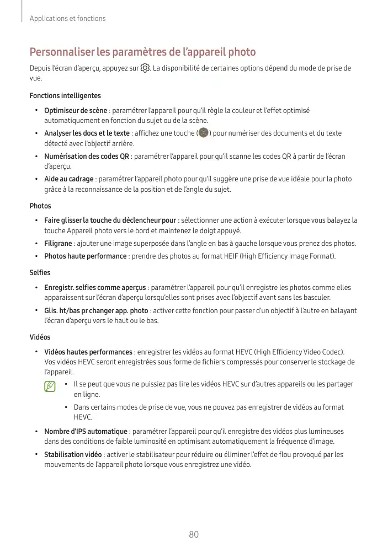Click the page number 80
click(x=193, y=534)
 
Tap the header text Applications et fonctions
click(x=67, y=18)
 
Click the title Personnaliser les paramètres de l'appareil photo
click(x=142, y=52)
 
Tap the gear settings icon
click(x=145, y=68)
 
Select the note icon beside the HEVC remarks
click(x=51, y=386)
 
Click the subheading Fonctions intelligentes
click(x=65, y=96)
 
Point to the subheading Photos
click(x=40, y=206)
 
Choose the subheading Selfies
click(x=40, y=273)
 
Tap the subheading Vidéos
click(x=40, y=337)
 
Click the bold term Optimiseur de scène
click(x=76, y=110)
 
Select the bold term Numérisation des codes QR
click(x=87, y=156)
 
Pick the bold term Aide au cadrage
click(x=69, y=179)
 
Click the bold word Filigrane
click(x=58, y=243)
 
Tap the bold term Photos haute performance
click(x=86, y=256)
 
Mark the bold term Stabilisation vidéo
click(x=73, y=455)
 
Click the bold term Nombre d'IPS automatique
click(x=86, y=431)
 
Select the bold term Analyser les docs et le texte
click(x=87, y=133)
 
